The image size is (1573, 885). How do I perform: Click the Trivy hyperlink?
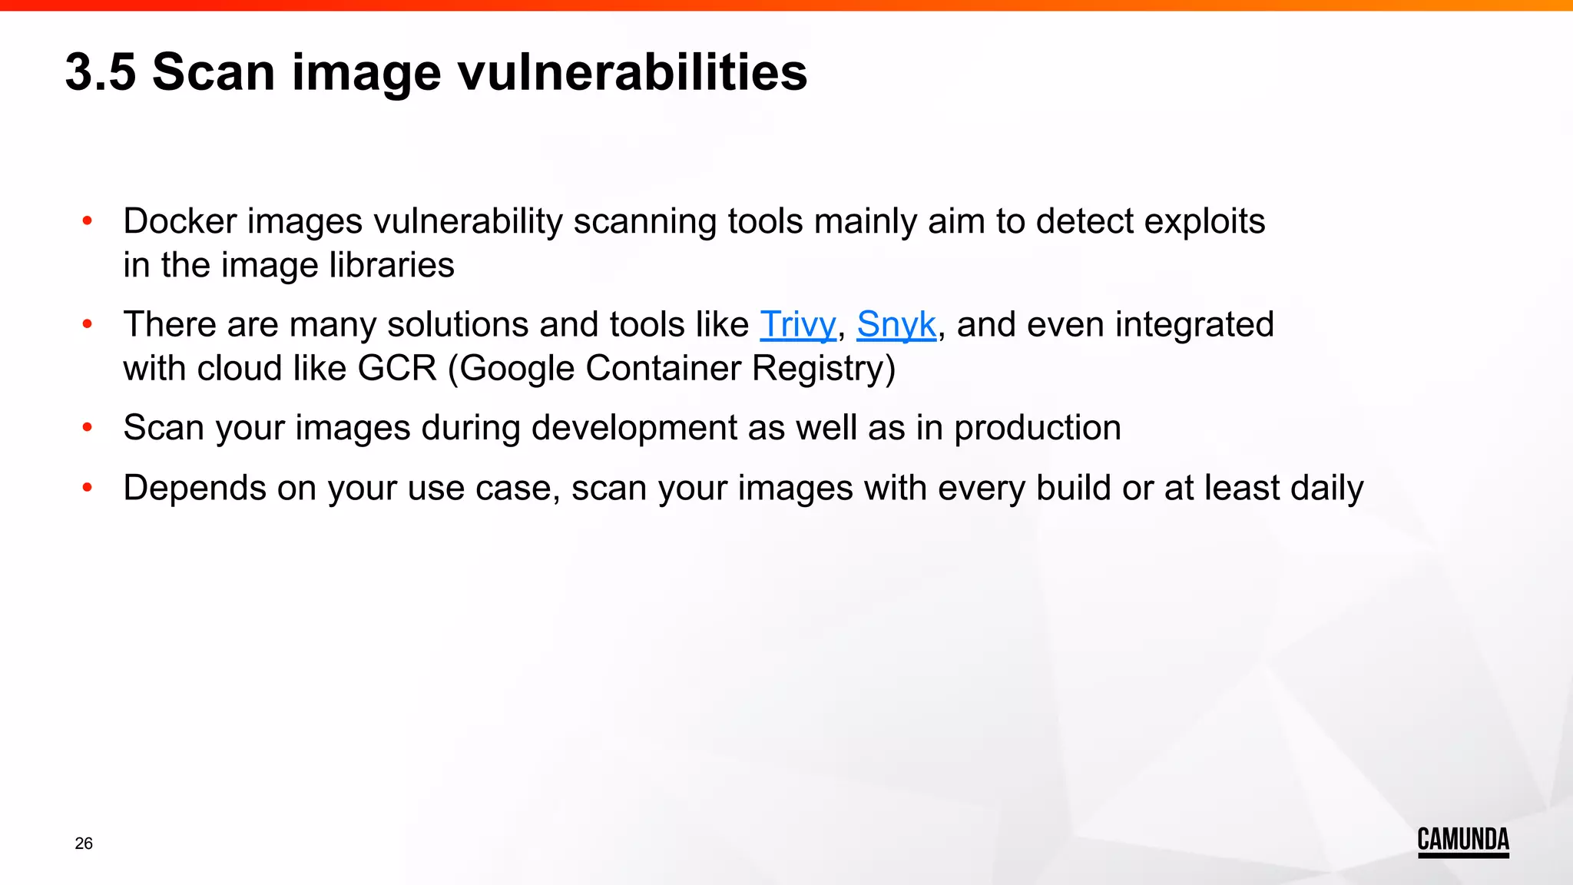(x=797, y=324)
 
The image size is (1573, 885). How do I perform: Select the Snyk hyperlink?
(x=896, y=324)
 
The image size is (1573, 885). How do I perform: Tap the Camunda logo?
(x=1462, y=841)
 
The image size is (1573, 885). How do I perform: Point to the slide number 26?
(x=84, y=844)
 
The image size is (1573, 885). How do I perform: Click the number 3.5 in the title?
(x=101, y=72)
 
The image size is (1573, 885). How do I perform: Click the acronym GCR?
(x=397, y=368)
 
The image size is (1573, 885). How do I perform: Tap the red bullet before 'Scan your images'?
(x=88, y=427)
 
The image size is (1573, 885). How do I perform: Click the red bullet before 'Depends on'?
(x=88, y=487)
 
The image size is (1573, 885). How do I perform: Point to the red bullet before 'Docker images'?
(x=88, y=221)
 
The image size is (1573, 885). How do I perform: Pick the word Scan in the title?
(x=214, y=72)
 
